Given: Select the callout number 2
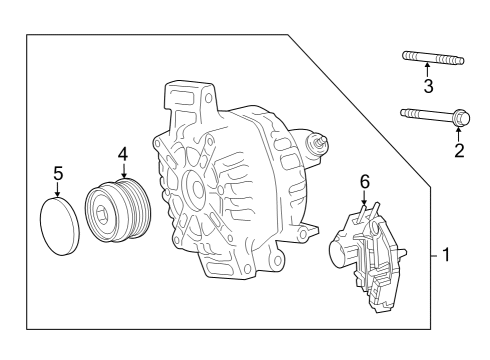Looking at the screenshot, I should (460, 151).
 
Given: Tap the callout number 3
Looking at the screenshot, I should (428, 86).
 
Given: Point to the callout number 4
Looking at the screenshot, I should (122, 154).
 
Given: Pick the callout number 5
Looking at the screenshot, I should (58, 174).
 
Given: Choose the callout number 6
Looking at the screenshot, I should (365, 181).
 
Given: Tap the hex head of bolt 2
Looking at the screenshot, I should (458, 117).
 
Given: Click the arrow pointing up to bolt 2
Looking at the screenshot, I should (459, 135).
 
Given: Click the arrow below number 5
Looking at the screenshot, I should (58, 190).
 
